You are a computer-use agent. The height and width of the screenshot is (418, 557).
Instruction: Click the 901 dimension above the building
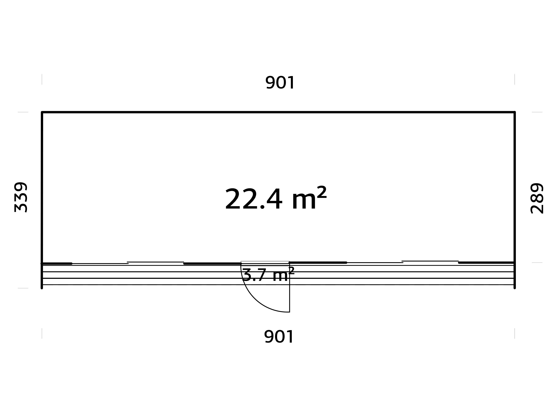(x=280, y=83)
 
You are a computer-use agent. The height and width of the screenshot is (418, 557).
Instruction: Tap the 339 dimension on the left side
(x=21, y=197)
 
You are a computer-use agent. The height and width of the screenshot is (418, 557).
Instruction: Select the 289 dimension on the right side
(x=537, y=198)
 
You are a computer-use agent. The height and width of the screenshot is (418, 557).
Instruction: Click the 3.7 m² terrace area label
(x=268, y=275)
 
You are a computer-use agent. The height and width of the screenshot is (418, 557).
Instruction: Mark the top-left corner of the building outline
(x=42, y=112)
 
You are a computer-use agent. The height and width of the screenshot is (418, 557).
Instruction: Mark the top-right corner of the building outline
(x=514, y=112)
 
